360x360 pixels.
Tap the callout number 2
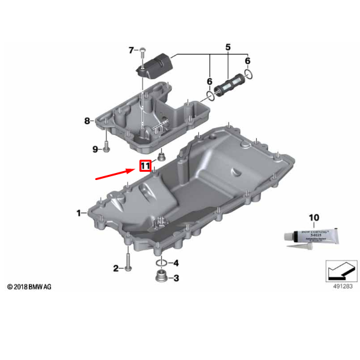[116, 268]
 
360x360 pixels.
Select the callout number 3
[176, 278]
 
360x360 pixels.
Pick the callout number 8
[87, 120]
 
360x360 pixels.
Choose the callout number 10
[312, 217]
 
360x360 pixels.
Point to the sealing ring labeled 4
[162, 262]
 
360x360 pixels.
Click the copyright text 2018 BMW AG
[30, 287]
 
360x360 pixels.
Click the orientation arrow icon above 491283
[338, 272]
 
